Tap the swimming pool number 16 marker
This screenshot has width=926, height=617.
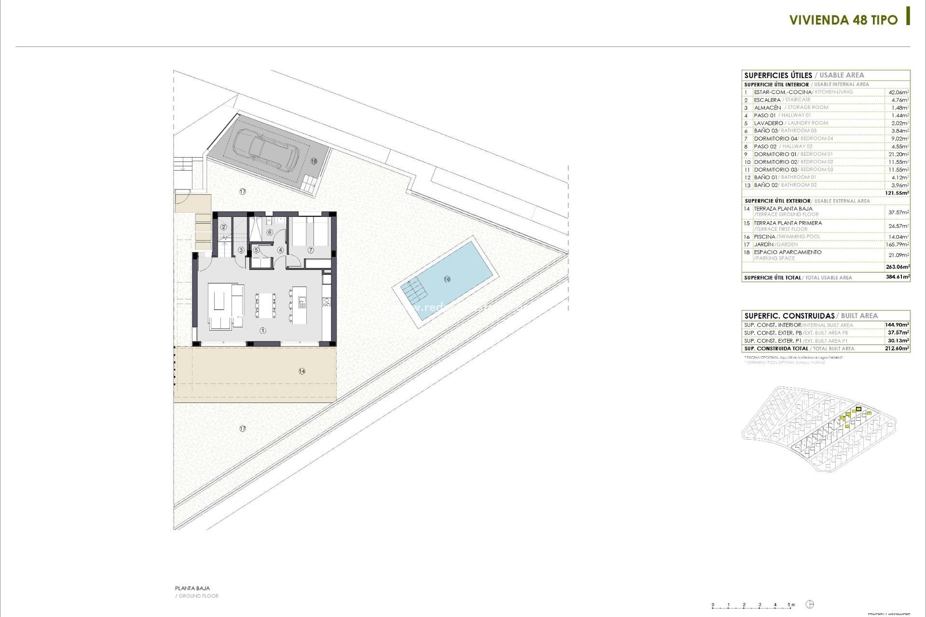tap(447, 279)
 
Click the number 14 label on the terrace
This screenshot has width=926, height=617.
tap(302, 371)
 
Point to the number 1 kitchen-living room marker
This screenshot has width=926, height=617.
tap(263, 331)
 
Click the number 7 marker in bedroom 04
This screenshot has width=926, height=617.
tap(311, 250)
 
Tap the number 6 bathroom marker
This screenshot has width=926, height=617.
tap(270, 233)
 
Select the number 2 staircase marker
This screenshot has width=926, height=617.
tap(223, 227)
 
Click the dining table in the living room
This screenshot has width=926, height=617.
tap(265, 305)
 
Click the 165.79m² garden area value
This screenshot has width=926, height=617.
tap(898, 244)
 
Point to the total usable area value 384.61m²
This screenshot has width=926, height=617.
tap(898, 277)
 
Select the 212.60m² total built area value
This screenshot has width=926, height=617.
tap(898, 349)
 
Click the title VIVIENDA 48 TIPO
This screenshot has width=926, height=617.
tap(844, 20)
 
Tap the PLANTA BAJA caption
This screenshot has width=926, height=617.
tap(192, 588)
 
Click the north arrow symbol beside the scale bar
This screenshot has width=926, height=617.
tap(810, 604)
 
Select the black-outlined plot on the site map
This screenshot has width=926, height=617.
tap(858, 409)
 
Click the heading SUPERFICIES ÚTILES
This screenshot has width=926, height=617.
tap(778, 75)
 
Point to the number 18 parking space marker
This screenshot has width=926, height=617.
tap(313, 161)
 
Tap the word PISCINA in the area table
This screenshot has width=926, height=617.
tap(764, 237)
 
